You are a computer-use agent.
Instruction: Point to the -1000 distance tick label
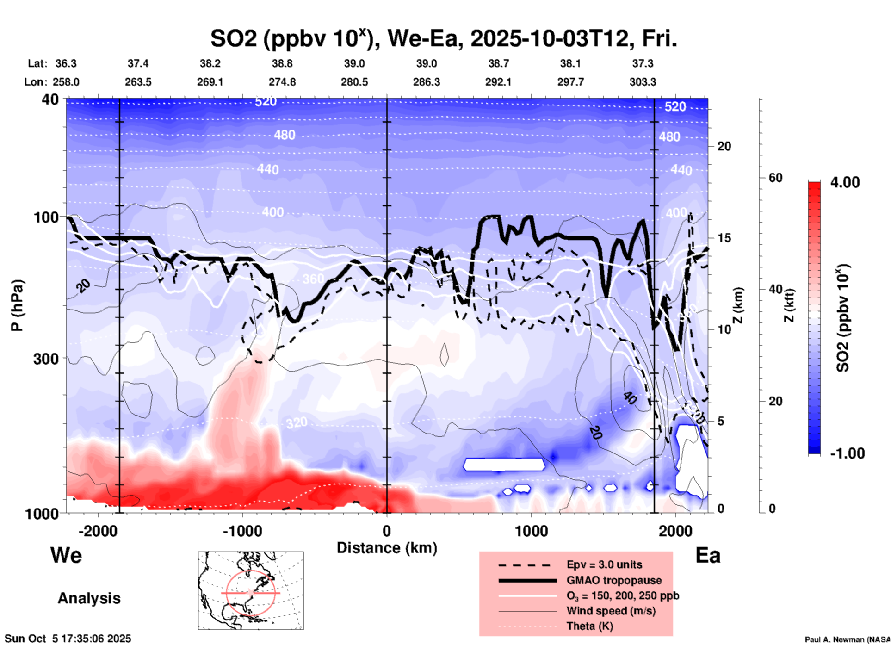(x=242, y=531)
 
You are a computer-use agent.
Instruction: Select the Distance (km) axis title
(x=387, y=548)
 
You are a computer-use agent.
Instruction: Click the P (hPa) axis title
(x=17, y=305)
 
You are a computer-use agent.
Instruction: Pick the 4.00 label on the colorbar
(x=845, y=182)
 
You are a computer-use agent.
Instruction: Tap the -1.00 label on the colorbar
(x=847, y=453)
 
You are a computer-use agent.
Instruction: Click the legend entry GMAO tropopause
(x=614, y=580)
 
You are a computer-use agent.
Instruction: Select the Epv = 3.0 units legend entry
(x=604, y=565)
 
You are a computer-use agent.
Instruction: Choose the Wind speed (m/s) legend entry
(x=611, y=611)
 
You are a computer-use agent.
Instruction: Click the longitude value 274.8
(x=282, y=82)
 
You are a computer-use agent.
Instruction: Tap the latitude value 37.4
(x=138, y=63)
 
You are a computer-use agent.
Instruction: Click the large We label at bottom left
(x=66, y=555)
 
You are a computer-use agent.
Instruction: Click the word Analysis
(x=89, y=598)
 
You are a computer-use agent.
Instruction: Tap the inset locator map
(x=251, y=590)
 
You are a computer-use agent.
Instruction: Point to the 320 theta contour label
(x=296, y=422)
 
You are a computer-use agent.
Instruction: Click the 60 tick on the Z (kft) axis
(x=775, y=178)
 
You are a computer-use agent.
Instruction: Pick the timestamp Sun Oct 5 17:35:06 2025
(x=68, y=639)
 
